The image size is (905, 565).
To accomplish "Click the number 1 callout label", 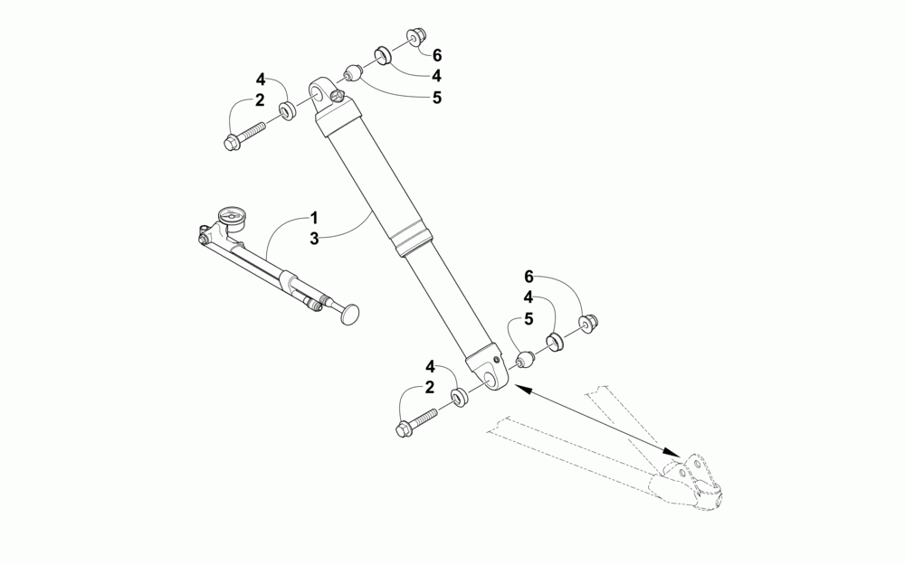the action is (313, 218).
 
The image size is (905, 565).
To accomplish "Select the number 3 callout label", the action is (313, 239).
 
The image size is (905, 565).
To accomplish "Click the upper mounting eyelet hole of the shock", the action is (319, 90).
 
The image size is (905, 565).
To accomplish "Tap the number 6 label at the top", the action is (436, 55).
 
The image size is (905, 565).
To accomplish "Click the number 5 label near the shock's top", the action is (436, 98).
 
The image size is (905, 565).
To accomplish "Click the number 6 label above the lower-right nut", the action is (529, 276).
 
